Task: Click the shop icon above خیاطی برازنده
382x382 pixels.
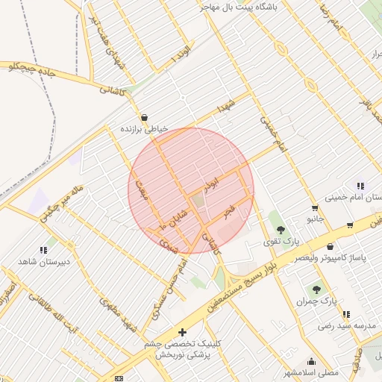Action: (143, 117)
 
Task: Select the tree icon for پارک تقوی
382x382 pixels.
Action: (281, 230)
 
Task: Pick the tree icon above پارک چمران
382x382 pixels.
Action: (317, 289)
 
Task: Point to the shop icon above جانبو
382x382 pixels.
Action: (315, 208)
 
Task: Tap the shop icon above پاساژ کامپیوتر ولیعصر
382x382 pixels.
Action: (330, 247)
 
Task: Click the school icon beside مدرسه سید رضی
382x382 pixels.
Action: (346, 314)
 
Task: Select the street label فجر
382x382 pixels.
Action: (229, 211)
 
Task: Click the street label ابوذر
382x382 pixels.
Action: (212, 181)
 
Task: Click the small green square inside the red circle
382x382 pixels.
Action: (198, 200)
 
